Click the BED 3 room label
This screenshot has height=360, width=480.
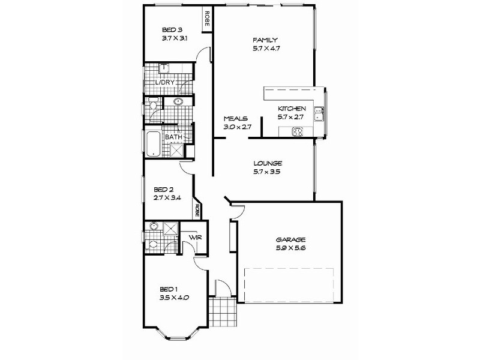coord(172,29)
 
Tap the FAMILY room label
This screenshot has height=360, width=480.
coord(264,40)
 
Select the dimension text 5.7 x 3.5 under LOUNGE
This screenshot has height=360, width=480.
coord(268,172)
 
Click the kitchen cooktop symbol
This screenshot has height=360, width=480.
coord(296,131)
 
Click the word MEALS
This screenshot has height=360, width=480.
coord(236,119)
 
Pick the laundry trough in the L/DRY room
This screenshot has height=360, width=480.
coord(164,67)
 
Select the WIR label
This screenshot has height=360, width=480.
coord(194,238)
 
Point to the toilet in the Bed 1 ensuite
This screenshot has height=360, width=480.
coord(151,244)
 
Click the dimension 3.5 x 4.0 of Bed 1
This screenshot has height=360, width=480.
coord(176,296)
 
